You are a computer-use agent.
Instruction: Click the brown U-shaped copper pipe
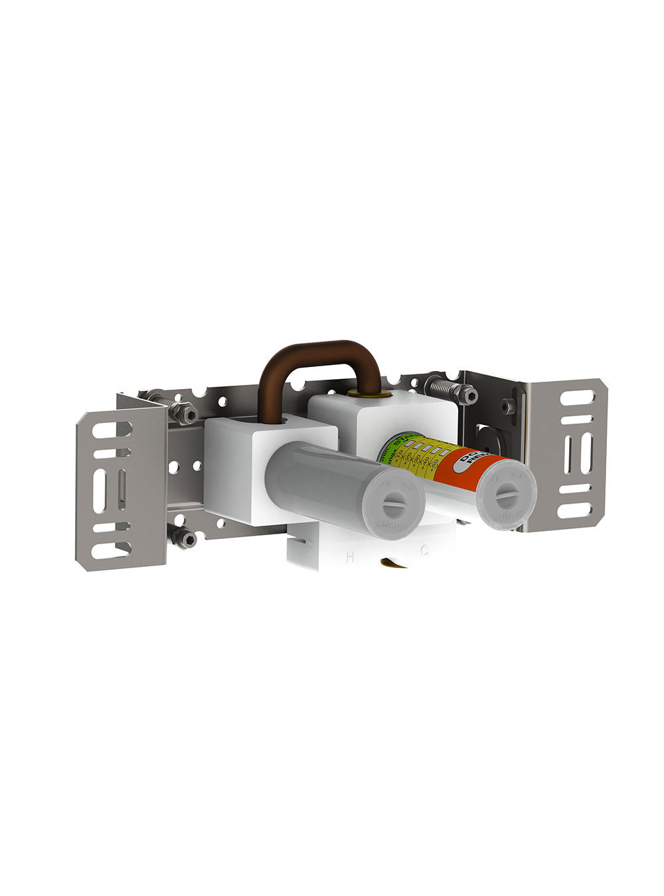[x=319, y=356]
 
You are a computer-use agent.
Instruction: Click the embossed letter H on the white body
[x=349, y=557]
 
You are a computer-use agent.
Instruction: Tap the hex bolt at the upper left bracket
[x=188, y=415]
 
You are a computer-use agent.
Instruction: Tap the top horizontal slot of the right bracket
[x=578, y=398]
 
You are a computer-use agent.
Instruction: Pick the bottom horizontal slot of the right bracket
[x=575, y=511]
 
